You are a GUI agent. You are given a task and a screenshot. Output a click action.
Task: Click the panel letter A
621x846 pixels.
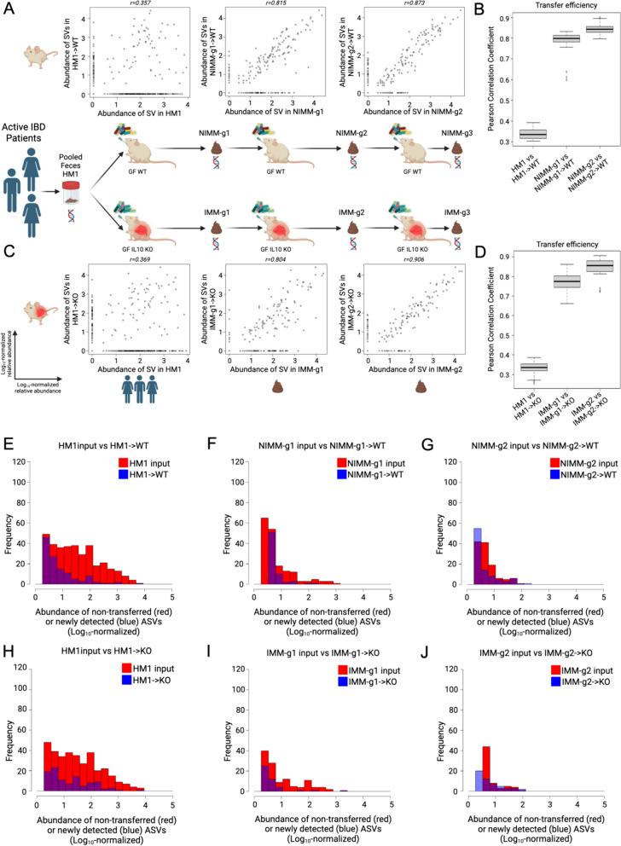[x=9, y=8]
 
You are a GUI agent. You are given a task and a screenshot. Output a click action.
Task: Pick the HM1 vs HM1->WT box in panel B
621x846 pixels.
[x=509, y=134]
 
